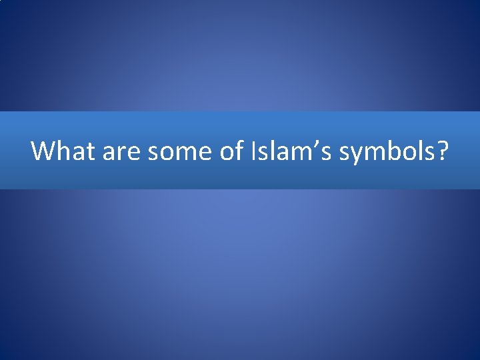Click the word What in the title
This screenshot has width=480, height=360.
coord(64,151)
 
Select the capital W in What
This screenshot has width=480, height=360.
coord(42,151)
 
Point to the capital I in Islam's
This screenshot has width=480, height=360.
coord(255,151)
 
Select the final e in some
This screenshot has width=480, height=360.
coord(204,153)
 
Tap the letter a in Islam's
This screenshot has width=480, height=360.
coord(283,153)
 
